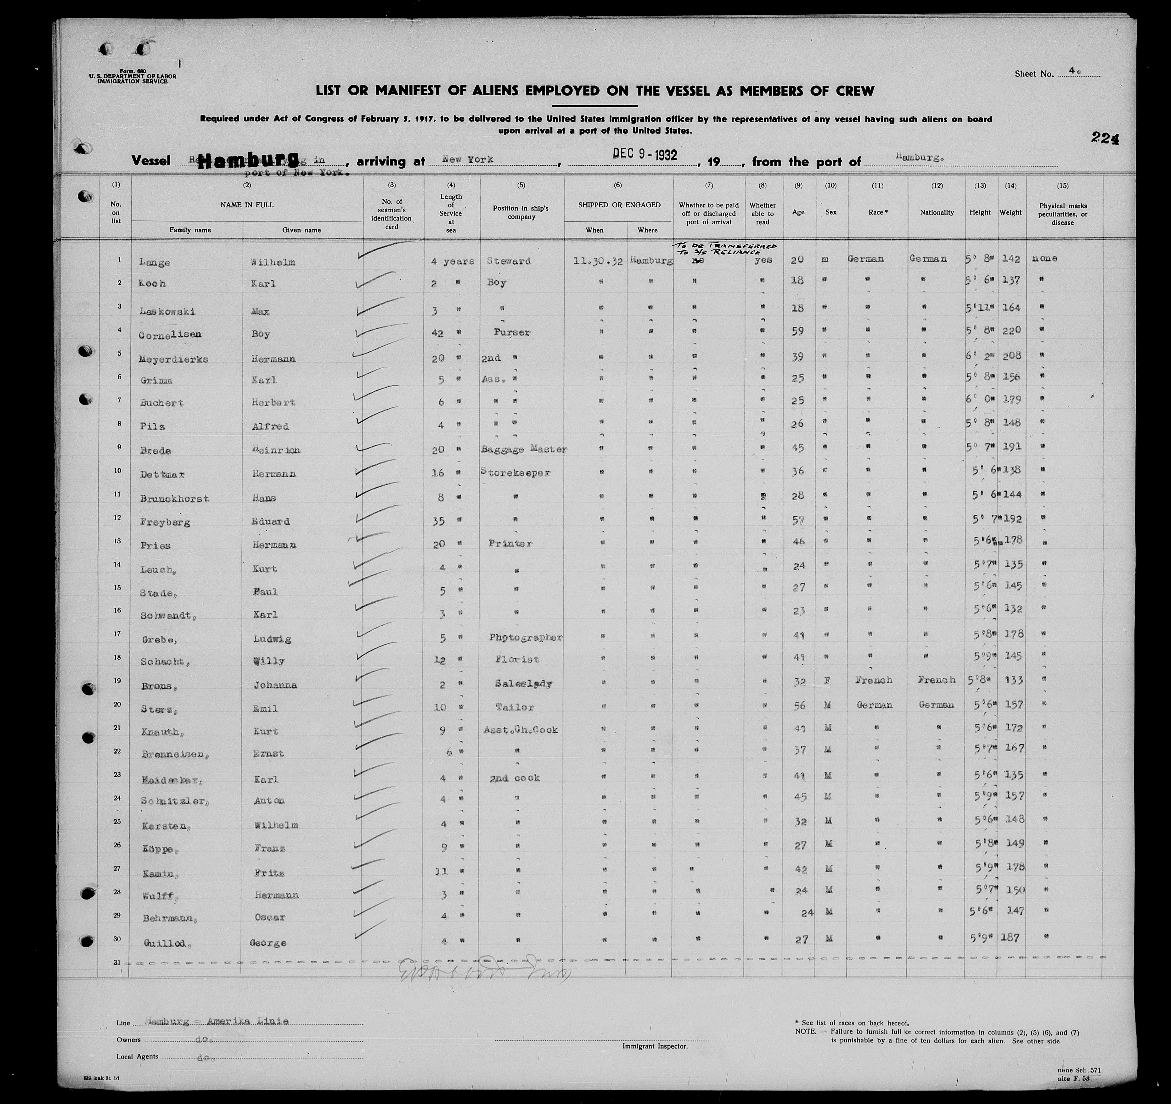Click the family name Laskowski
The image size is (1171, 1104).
point(167,311)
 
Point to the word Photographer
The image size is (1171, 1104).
point(526,637)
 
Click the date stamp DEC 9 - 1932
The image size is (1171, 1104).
point(645,154)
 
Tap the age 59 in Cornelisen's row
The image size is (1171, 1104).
point(798,331)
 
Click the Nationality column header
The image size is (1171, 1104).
point(937,213)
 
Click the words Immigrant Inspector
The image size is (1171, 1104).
point(654,1046)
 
